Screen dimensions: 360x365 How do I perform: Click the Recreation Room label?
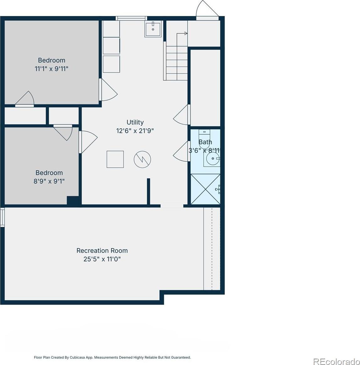[102, 250]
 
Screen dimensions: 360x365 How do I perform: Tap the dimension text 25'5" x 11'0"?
[102, 259]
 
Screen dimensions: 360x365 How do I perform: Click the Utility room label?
[135, 122]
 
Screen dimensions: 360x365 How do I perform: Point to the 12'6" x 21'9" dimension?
[135, 131]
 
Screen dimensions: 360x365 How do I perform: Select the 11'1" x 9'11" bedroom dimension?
[51, 69]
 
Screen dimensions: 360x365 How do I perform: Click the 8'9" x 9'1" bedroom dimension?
[49, 181]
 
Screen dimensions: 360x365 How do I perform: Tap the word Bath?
[205, 142]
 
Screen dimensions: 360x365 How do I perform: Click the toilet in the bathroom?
[204, 139]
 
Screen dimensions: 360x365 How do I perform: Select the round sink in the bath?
[213, 158]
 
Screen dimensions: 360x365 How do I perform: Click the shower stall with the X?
[205, 189]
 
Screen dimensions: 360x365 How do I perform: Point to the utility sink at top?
[153, 29]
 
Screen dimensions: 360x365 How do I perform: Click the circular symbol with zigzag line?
[142, 159]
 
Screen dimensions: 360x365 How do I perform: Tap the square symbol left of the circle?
[115, 159]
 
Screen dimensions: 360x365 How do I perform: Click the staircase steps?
[176, 63]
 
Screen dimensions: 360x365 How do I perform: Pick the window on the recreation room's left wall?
[2, 217]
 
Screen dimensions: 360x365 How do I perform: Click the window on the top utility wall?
[131, 19]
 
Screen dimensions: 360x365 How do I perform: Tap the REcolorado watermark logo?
[336, 361]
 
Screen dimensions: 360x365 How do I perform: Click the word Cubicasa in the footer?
[78, 357]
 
